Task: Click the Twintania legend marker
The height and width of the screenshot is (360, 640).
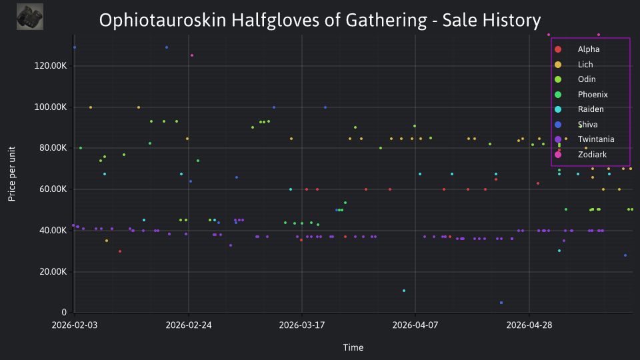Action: (x=558, y=139)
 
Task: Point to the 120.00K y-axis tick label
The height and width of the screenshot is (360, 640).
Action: (x=50, y=66)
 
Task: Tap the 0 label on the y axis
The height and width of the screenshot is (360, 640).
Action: (x=64, y=312)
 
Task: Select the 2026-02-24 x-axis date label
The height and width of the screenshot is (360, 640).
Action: (x=189, y=325)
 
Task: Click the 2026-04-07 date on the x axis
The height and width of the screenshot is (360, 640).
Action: (x=415, y=325)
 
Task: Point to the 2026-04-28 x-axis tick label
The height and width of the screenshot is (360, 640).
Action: (x=529, y=325)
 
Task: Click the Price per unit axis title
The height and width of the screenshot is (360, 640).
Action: (x=12, y=174)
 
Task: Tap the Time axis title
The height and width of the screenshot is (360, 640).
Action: (x=353, y=348)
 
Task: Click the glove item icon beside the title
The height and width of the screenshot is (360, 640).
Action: (x=30, y=17)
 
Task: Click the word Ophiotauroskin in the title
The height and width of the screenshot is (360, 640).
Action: (x=163, y=21)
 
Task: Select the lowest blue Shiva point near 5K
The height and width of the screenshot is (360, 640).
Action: (x=501, y=303)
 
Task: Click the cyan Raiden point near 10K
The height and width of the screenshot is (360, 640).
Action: (x=404, y=291)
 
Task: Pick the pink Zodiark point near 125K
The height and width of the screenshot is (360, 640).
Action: (x=192, y=55)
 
